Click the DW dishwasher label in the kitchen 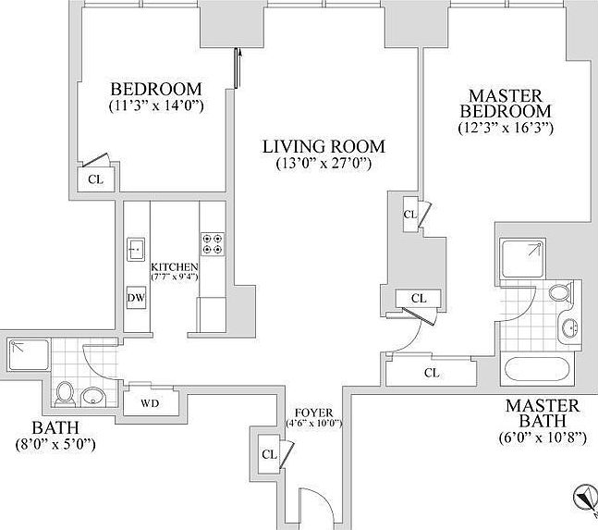(x=136, y=298)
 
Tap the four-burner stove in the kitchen (x=212, y=243)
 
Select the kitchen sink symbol (x=136, y=249)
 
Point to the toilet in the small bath (x=65, y=394)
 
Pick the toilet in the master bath (x=558, y=293)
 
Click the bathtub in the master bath (x=539, y=372)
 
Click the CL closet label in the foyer (x=270, y=454)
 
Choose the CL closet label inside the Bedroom (x=95, y=179)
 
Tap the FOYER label (x=314, y=413)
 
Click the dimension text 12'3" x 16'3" (x=505, y=129)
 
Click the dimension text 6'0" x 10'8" (x=542, y=438)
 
